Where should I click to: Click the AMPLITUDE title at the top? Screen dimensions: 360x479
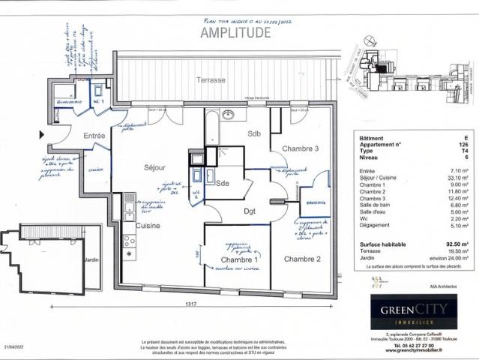pos(235,32)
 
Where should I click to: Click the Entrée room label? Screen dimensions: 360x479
pos(94,135)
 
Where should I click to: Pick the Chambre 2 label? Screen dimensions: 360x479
pos(302,259)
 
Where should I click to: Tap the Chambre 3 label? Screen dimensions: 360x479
pos(301,148)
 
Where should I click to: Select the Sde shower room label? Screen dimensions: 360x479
pos(223,183)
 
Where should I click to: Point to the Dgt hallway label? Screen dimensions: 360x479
pos(249,211)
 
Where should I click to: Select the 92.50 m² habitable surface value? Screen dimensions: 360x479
pos(457,244)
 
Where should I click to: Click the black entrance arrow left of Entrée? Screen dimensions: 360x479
pos(42,135)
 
